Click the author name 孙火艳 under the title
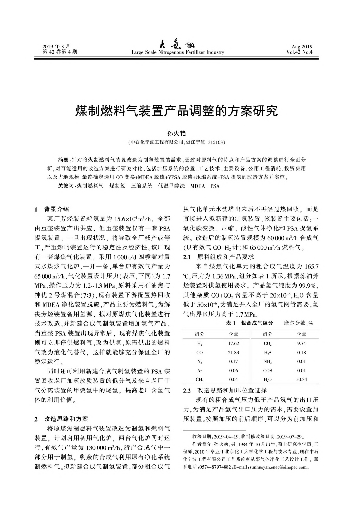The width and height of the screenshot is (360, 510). point(176,133)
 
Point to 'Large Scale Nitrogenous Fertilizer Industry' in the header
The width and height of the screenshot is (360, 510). point(177,52)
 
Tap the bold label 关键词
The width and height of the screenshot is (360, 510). point(66,186)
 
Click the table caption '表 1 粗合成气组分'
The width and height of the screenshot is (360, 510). point(249,323)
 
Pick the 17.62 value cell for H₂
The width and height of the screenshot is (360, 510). point(233,343)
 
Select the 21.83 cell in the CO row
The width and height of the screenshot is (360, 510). point(233,353)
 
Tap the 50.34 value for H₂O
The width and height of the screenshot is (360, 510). point(301,380)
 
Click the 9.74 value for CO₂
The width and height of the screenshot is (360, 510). point(301,343)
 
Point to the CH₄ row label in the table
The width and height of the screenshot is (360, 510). point(199,380)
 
